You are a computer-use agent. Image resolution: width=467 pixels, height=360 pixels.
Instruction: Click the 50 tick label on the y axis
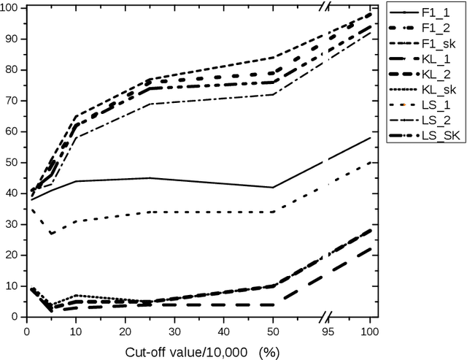click(x=13, y=162)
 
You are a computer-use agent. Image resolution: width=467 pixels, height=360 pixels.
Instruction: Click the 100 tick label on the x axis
click(x=371, y=329)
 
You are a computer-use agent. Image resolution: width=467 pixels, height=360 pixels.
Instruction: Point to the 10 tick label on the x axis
click(x=76, y=329)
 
